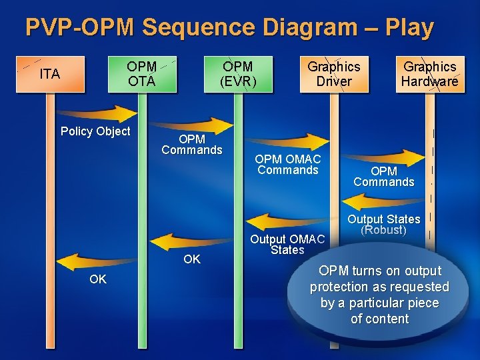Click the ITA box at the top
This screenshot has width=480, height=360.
(x=50, y=74)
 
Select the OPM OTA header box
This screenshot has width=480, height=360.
(x=141, y=74)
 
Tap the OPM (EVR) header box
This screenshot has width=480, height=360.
(x=238, y=74)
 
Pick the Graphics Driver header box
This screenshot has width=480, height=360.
(x=333, y=74)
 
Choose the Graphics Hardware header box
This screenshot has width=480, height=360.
(x=430, y=74)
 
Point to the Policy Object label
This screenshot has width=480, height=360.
(x=95, y=131)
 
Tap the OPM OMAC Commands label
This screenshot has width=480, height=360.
(x=288, y=165)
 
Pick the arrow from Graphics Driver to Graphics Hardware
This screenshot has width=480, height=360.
(x=383, y=153)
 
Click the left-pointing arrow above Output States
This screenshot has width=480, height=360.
(x=383, y=199)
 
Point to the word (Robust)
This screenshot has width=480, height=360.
(x=383, y=231)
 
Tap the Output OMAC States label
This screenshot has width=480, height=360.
(x=287, y=245)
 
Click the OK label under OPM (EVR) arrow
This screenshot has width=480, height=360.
(x=191, y=259)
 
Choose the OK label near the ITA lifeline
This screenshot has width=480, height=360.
(x=98, y=279)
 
